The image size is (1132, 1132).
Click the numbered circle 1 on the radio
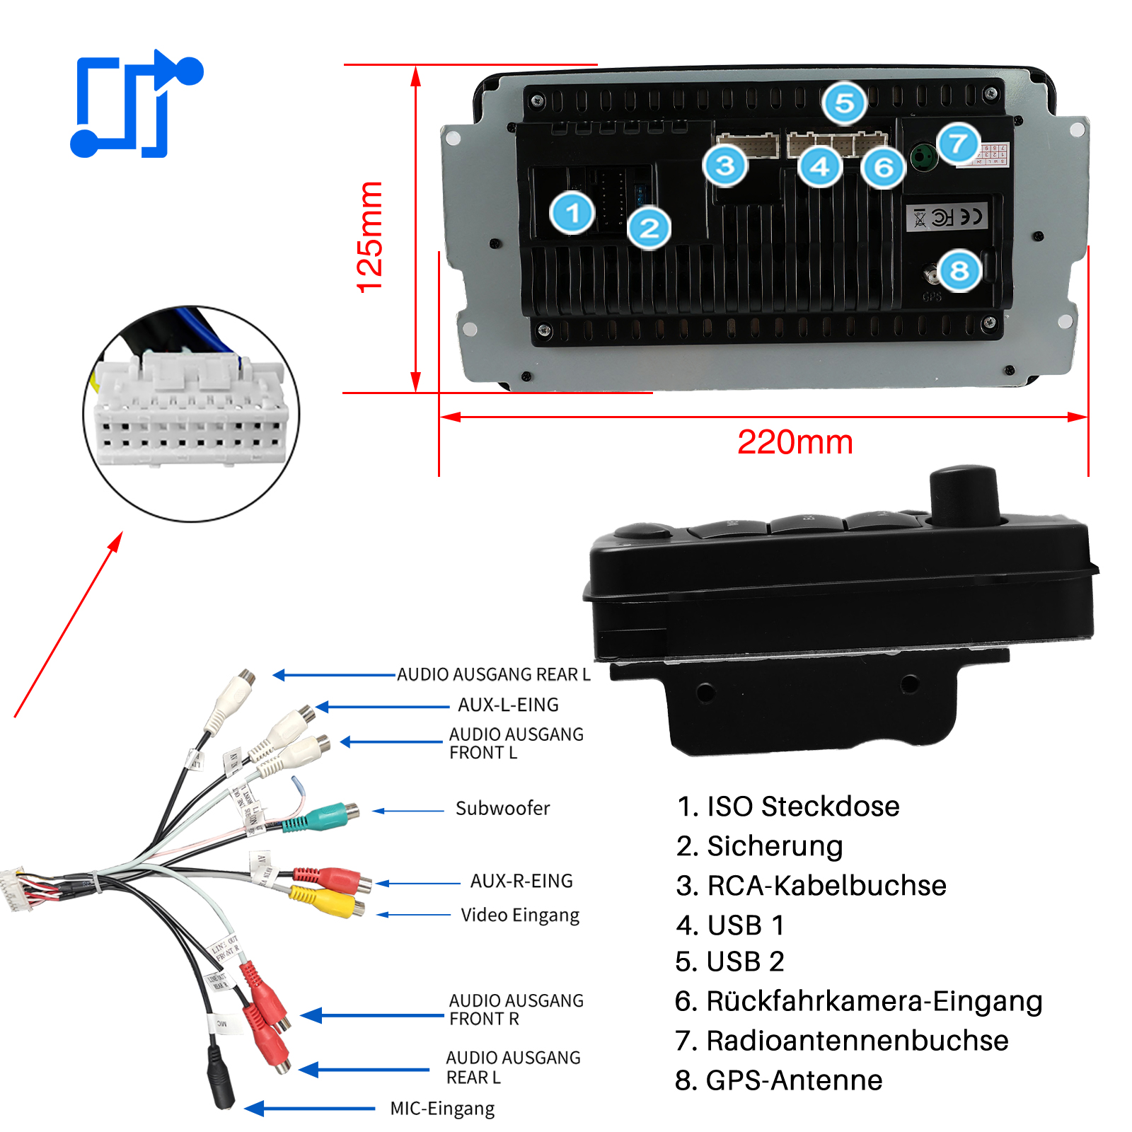572,213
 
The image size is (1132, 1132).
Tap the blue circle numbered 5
844,103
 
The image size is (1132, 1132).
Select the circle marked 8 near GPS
959,270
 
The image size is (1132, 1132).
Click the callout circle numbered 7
958,144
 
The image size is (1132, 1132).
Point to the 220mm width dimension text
795,443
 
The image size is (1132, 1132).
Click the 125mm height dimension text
370,236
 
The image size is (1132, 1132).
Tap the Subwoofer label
502,808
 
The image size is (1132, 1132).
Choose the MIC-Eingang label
442,1109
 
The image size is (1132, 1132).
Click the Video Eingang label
520,915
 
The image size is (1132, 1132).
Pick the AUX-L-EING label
508,705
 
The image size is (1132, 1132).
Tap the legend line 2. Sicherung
759,846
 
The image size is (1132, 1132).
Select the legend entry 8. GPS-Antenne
778,1080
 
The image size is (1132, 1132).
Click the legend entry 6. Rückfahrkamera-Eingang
858,1001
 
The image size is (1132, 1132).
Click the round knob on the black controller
964,495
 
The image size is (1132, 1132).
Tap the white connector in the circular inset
191,410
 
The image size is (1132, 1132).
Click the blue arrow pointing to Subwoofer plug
408,811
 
